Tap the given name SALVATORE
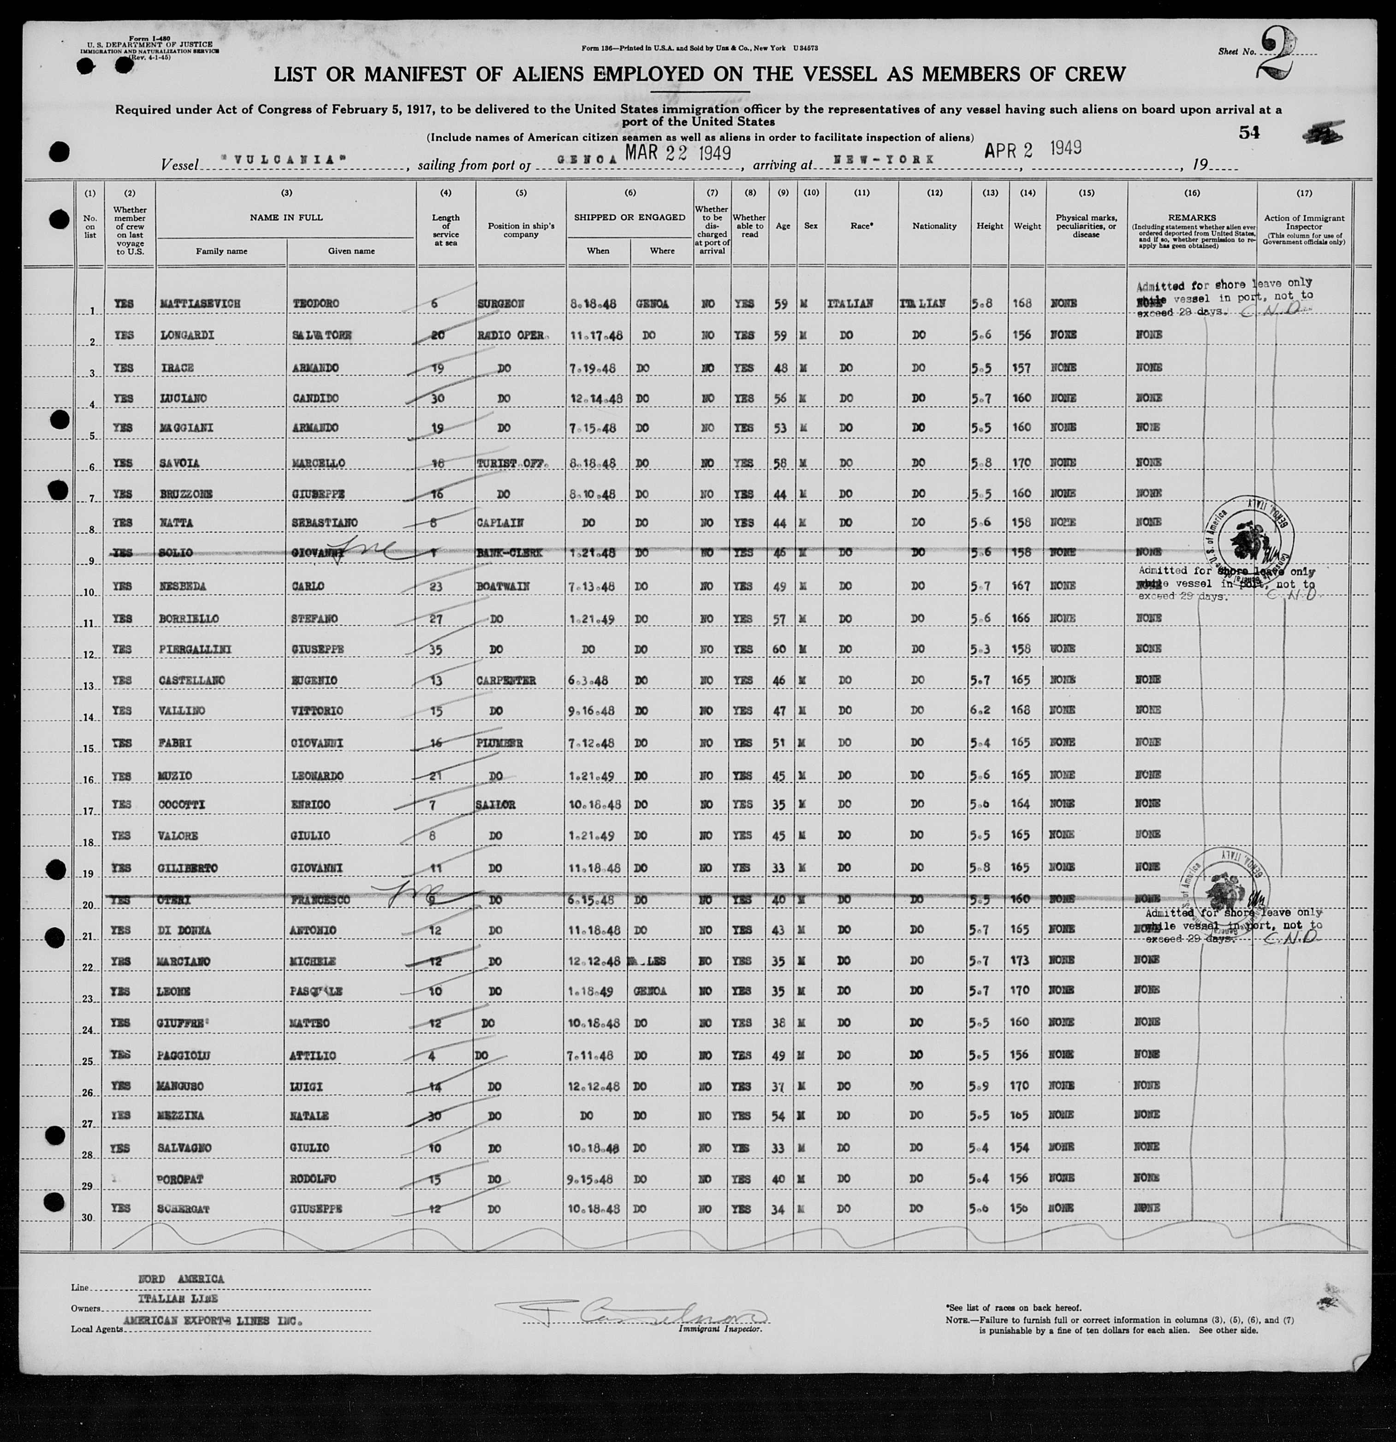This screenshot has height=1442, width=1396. point(322,336)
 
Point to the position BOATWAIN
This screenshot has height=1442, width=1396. point(503,586)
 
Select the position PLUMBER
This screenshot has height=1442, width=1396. point(499,743)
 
